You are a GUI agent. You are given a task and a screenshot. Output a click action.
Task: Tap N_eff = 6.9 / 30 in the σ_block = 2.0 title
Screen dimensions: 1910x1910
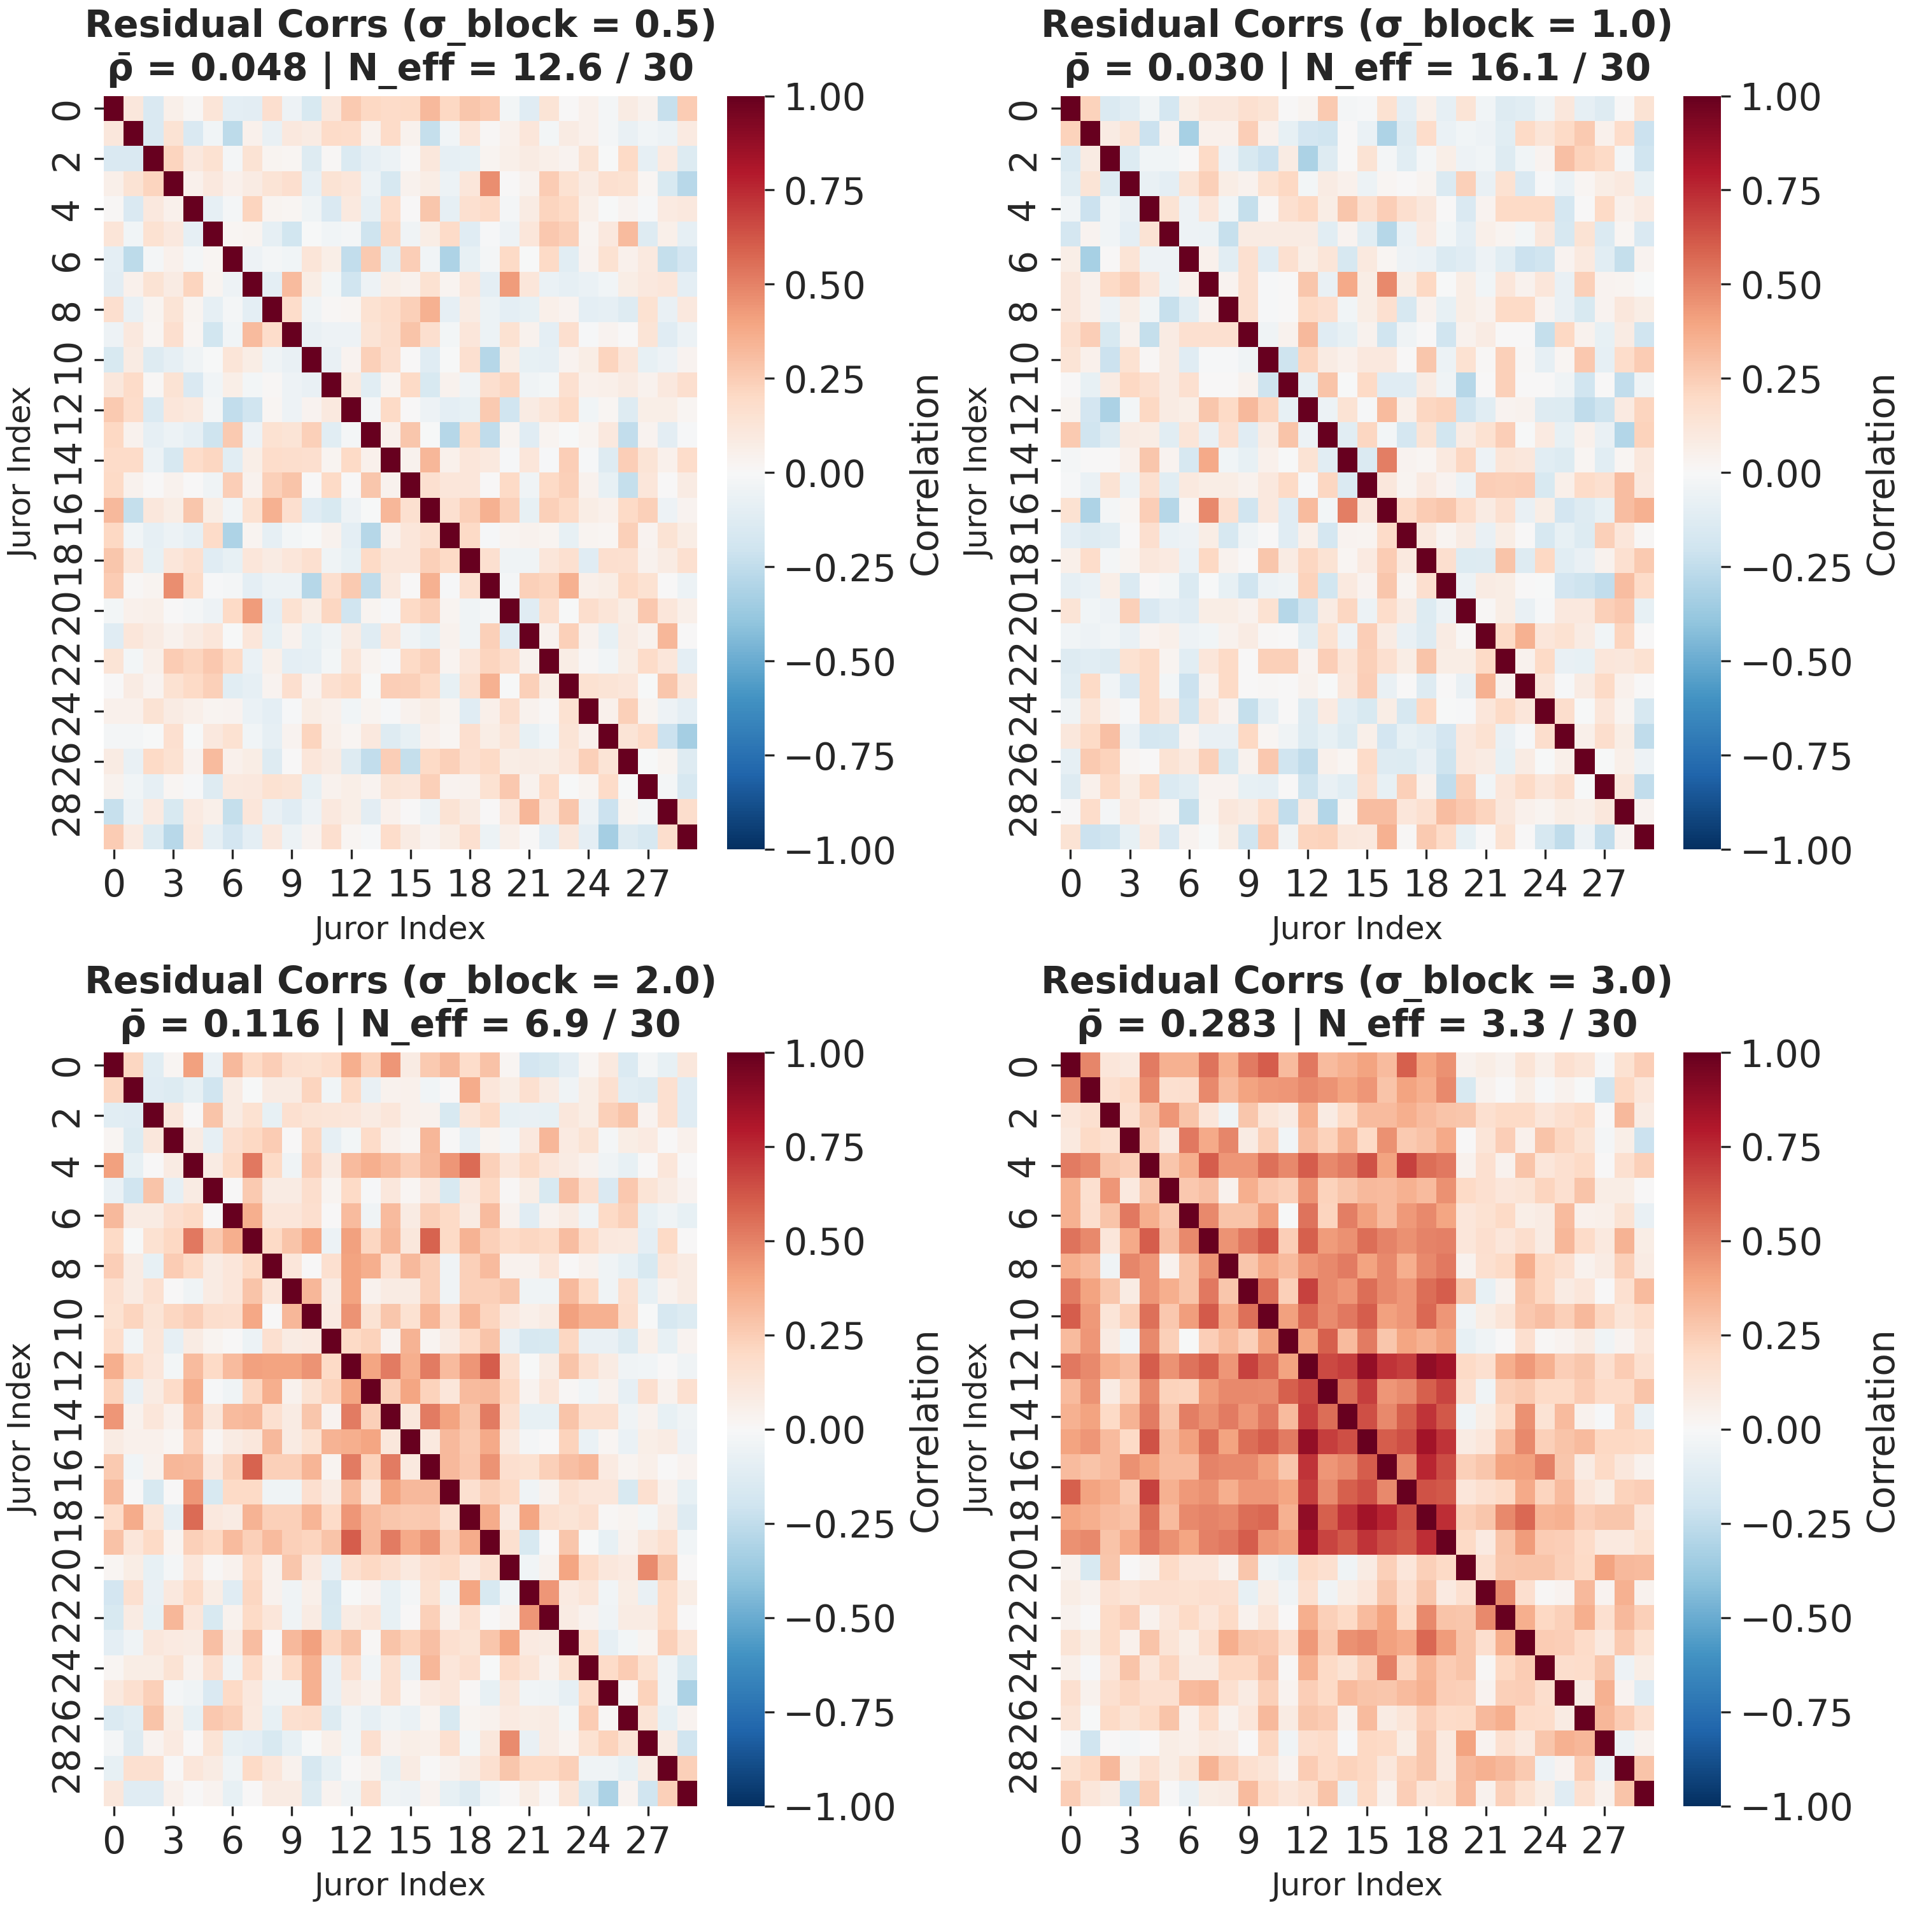pyautogui.click(x=520, y=1024)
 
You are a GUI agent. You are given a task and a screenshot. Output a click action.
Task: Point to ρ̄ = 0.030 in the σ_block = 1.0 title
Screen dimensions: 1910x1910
pyautogui.click(x=1164, y=67)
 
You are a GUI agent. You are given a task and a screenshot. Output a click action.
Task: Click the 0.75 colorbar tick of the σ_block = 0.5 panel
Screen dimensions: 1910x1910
pyautogui.click(x=823, y=192)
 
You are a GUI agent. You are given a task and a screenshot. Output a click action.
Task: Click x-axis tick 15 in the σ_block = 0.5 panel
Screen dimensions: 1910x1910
pyautogui.click(x=410, y=882)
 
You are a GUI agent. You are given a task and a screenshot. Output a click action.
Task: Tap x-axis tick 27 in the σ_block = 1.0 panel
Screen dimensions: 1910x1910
pyautogui.click(x=1604, y=882)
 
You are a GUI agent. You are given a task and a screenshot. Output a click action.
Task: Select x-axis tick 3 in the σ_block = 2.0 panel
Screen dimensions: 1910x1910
pyautogui.click(x=173, y=1839)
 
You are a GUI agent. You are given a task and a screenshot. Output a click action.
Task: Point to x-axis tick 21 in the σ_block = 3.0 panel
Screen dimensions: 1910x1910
pyautogui.click(x=1485, y=1839)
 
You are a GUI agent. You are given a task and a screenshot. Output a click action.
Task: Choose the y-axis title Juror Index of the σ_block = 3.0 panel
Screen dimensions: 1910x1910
pyautogui.click(x=976, y=1429)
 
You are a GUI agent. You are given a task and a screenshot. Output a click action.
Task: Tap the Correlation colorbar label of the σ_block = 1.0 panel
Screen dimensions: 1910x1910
pyautogui.click(x=1880, y=474)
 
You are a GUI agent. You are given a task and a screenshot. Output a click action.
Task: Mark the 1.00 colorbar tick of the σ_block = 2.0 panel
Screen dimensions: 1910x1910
pyautogui.click(x=823, y=1054)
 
